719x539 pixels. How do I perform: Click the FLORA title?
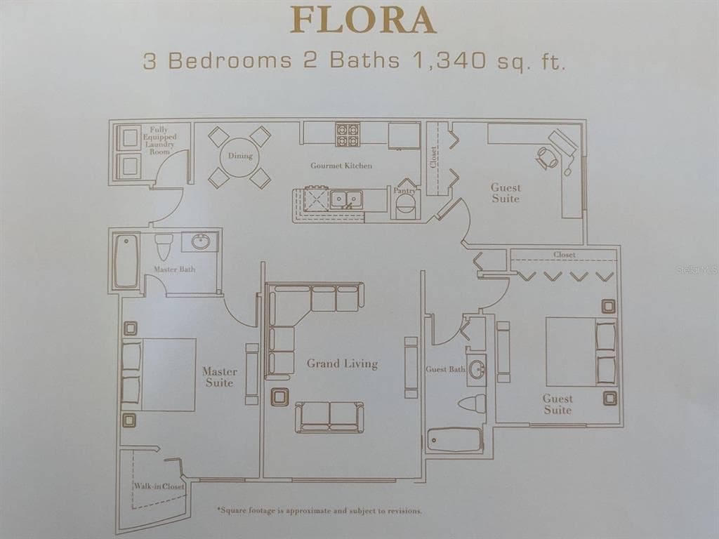(x=363, y=20)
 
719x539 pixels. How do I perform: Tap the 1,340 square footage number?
(x=449, y=60)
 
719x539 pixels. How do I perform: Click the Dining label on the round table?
(x=240, y=156)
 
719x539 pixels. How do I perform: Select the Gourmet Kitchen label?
(x=341, y=166)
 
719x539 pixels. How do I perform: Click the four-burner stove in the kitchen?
(x=347, y=134)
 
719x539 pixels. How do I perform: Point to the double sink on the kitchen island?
(x=346, y=199)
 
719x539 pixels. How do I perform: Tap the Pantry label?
(x=404, y=191)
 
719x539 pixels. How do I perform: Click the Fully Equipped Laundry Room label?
(x=159, y=140)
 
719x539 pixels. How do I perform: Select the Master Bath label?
(x=174, y=269)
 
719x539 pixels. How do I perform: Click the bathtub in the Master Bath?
(x=126, y=262)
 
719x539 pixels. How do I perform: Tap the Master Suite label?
(x=220, y=377)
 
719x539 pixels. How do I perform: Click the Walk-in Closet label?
(x=159, y=486)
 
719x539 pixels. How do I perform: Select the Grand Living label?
(x=342, y=364)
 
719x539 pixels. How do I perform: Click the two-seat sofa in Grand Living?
(x=329, y=417)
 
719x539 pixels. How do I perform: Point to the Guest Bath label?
(x=445, y=369)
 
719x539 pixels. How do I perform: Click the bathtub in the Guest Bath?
(x=454, y=440)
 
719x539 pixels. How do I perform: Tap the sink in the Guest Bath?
(x=477, y=367)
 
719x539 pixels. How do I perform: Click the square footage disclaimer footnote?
(x=319, y=510)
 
